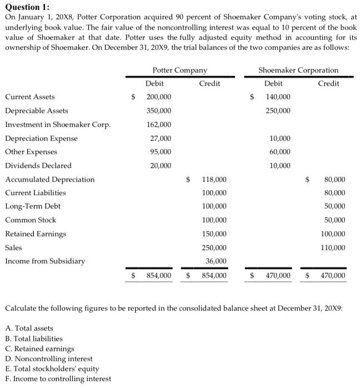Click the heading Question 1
coord(27,7)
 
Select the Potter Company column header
coord(179,70)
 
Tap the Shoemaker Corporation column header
coord(298,70)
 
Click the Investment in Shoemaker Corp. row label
coord(57,124)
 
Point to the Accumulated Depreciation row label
coord(49,179)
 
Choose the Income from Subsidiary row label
coord(44,261)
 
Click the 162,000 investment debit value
coord(158,124)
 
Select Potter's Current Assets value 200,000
coord(158,97)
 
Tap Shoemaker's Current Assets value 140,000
coord(278,97)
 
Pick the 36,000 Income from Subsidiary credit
coord(216,261)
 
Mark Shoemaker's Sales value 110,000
coord(333,247)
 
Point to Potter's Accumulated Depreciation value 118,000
coord(213,179)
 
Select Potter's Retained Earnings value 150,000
coord(213,234)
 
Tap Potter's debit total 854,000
coord(158,275)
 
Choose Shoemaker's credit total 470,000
coord(332,275)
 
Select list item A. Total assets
coord(29,329)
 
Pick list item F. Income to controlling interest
coord(58,379)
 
